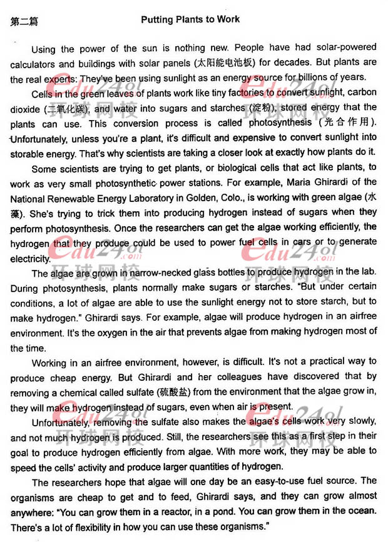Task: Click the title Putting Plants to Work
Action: pos(190,19)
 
